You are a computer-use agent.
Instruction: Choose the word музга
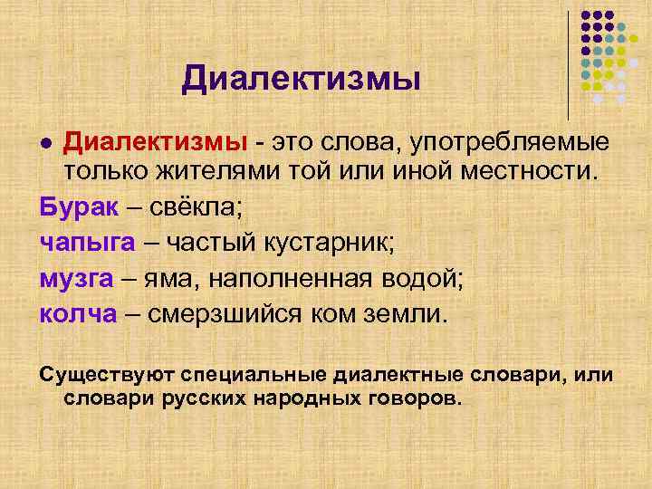76,279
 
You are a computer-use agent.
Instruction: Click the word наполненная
283,279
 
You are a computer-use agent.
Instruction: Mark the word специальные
258,375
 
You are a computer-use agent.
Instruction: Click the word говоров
414,397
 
